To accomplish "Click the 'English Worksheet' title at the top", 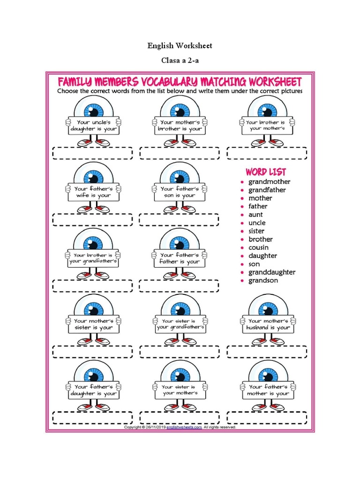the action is point(180,45).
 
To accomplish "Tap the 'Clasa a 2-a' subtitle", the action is point(180,60).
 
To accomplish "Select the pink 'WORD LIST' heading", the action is point(266,172).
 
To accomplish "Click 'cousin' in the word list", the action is point(258,247).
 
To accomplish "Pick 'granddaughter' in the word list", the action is point(272,272).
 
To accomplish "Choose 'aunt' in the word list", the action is point(255,215).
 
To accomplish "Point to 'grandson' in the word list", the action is point(263,280).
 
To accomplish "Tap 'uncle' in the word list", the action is point(257,223).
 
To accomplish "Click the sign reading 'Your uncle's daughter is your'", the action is point(93,126).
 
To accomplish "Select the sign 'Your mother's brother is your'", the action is point(180,126).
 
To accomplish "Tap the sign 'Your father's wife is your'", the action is point(93,192).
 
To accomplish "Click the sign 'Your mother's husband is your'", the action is point(268,324).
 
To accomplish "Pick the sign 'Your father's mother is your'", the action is point(268,390).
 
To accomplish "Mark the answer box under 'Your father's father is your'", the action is point(179,286).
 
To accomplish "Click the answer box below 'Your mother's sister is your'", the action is point(92,352).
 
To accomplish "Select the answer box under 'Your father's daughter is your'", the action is point(92,418).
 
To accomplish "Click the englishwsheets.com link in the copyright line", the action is point(184,427).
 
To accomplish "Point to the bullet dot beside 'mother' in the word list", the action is point(242,198).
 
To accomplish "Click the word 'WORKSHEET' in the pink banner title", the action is point(275,82).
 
